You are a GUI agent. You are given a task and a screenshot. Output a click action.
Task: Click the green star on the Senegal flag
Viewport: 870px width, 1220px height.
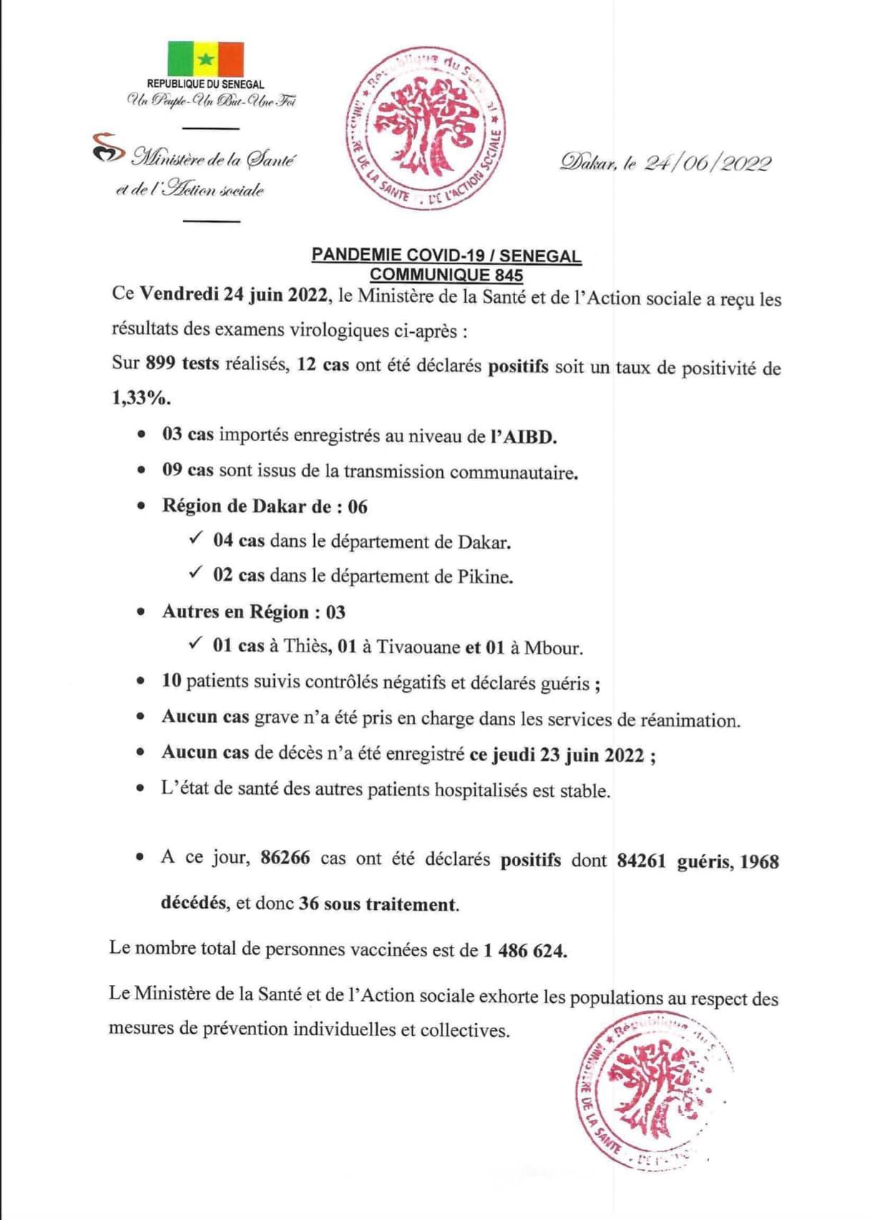[x=206, y=59]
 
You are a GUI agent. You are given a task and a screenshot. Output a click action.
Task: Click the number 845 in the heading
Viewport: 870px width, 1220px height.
[x=508, y=275]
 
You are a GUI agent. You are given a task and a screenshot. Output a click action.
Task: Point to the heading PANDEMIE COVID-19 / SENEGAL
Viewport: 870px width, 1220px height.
[x=446, y=256]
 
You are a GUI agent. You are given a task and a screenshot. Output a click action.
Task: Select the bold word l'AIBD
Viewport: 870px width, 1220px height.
[x=523, y=437]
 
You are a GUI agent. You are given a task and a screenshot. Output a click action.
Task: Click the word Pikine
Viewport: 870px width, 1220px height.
[x=485, y=577]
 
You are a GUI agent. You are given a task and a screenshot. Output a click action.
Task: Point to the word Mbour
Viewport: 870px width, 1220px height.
[x=553, y=649]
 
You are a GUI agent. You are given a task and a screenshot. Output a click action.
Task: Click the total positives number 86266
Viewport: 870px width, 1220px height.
[x=285, y=858]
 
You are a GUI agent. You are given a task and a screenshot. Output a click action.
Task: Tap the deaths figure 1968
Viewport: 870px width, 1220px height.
[x=759, y=861]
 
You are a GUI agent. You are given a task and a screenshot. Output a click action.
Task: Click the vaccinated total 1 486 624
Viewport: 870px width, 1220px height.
[x=525, y=951]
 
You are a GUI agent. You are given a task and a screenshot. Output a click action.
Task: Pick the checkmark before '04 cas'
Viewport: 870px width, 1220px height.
[x=196, y=539]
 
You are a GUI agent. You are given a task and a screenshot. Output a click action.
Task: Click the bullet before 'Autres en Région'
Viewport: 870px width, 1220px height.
[x=142, y=612]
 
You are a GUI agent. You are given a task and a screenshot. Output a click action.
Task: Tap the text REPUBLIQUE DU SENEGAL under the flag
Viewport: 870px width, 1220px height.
[x=206, y=84]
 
